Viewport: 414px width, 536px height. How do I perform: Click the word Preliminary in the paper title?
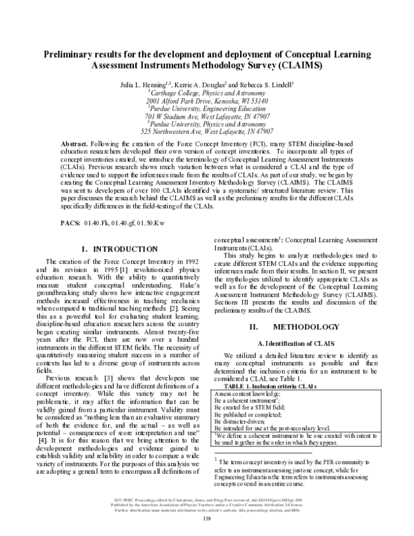tap(74, 55)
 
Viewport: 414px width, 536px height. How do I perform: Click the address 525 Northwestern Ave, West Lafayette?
tap(207, 131)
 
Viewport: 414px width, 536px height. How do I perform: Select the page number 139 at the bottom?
tap(207, 529)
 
